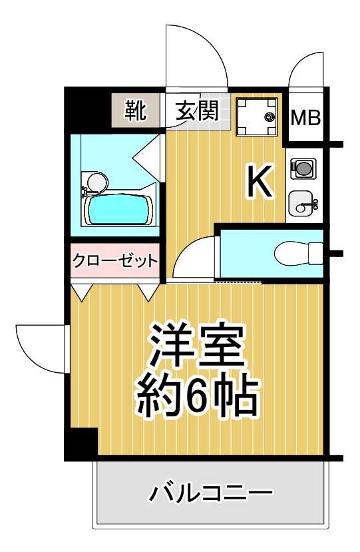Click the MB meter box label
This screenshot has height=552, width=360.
click(x=306, y=119)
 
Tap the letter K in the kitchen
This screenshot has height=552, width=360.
click(x=260, y=181)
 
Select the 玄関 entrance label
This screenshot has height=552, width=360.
click(x=197, y=110)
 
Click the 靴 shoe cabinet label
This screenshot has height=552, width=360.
click(x=137, y=110)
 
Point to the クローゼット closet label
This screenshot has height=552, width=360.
click(x=115, y=260)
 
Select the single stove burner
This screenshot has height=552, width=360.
click(x=303, y=168)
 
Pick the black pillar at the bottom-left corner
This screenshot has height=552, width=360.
click(x=81, y=443)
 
